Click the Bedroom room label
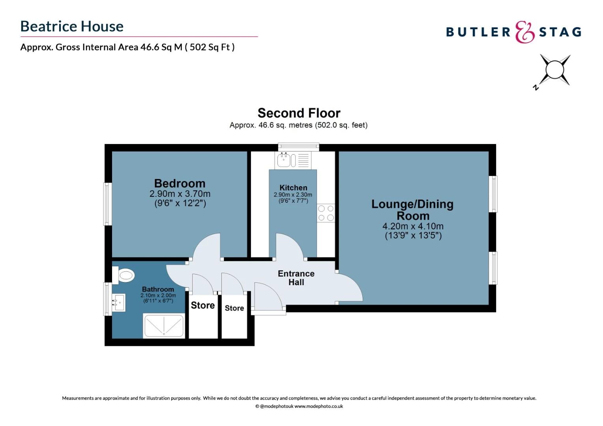pos(180,183)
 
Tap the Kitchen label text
pos(293,188)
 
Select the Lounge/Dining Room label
pos(412,210)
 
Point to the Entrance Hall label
pos(296,278)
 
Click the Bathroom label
pos(158,289)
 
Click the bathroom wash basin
pos(119,303)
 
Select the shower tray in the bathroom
pos(164,326)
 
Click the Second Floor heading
pos(299,113)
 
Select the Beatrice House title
pos(72,26)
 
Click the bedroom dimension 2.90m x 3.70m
pos(180,194)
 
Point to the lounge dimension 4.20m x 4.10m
pos(413,226)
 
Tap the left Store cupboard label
pos(203,305)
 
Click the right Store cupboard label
pos(234,308)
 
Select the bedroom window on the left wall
pos(107,204)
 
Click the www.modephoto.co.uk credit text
pos(318,406)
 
